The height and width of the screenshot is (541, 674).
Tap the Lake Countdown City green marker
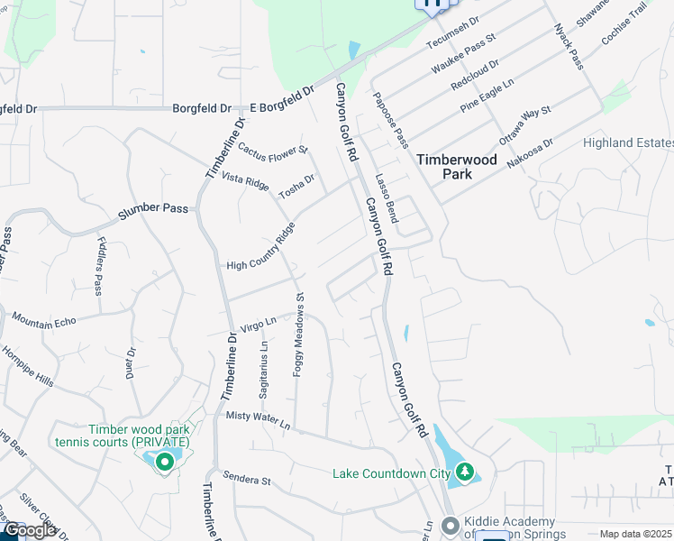tap(465, 472)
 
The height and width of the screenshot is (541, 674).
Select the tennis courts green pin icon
tap(164, 463)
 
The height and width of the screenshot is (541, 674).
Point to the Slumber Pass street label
tap(153, 207)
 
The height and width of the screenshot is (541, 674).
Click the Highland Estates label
tap(628, 143)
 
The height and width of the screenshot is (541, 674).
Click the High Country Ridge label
tap(261, 249)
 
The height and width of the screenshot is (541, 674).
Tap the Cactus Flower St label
tap(273, 147)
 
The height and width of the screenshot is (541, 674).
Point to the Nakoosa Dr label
tap(530, 152)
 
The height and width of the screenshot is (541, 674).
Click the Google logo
tap(29, 531)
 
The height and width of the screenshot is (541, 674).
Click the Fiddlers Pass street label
tap(98, 266)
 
